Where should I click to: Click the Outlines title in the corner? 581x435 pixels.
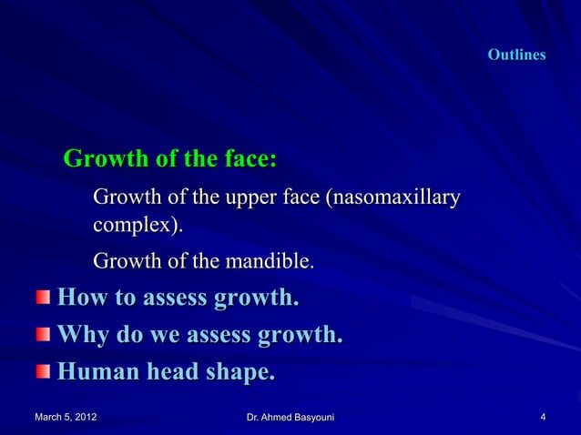click(516, 56)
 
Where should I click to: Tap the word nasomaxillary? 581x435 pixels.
click(397, 197)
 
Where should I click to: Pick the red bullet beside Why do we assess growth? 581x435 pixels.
click(45, 336)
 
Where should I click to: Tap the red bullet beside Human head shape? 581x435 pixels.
click(45, 373)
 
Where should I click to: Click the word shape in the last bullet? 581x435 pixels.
click(239, 373)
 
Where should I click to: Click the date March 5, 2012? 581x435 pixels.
click(66, 418)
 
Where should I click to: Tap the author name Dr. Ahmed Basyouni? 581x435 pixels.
click(290, 418)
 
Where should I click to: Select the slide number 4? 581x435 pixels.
click(543, 418)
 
